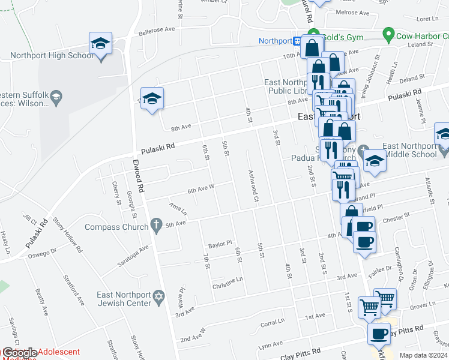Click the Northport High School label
(x=52, y=56)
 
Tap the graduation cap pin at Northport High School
(x=101, y=44)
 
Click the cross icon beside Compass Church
(x=157, y=226)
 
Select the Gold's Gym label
(x=339, y=37)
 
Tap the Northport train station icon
(x=297, y=41)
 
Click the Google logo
(x=19, y=353)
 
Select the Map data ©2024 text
(x=423, y=355)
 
